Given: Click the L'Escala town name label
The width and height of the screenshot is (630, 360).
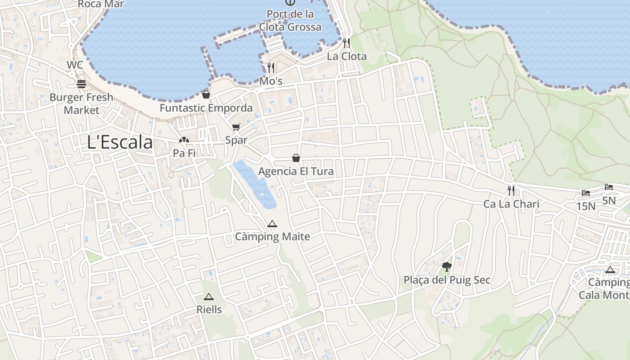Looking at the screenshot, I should [120, 142].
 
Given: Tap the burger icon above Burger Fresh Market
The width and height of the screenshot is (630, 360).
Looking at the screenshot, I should [81, 84].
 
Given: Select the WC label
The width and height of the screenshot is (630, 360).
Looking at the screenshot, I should [75, 65].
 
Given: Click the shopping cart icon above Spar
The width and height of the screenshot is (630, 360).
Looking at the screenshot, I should [236, 127].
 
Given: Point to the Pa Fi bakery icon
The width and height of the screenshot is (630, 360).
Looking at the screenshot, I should [184, 140].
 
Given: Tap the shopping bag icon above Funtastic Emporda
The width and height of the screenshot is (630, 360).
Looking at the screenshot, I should [206, 94].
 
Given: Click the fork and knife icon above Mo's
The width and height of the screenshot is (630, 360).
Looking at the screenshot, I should [271, 68].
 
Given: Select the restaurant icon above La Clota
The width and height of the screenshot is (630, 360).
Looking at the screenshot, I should [346, 43].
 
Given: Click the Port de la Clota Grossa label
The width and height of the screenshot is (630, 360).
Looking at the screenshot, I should [290, 20].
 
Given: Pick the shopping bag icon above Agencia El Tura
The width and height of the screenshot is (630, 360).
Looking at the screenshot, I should [296, 158].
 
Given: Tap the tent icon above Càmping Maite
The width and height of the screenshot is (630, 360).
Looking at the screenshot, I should [272, 224].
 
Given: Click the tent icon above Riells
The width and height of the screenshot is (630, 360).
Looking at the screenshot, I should [209, 297].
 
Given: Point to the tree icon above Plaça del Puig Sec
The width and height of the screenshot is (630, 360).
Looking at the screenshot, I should [446, 267].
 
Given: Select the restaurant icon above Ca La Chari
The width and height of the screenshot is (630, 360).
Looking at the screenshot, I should [511, 191].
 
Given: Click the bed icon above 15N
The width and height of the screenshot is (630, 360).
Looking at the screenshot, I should [585, 193].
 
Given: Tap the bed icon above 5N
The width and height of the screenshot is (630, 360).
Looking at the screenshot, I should [609, 187].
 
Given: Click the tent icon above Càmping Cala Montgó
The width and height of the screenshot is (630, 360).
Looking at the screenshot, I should [610, 270].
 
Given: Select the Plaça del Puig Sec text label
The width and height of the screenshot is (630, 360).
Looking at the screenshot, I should [447, 280].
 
